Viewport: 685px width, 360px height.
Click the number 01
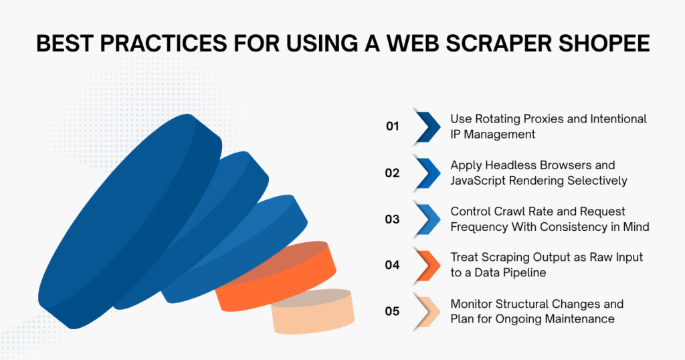(392, 126)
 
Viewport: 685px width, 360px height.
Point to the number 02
(392, 173)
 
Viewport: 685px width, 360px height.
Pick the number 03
(392, 219)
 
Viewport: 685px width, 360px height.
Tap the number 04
(392, 265)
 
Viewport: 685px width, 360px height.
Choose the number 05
(392, 311)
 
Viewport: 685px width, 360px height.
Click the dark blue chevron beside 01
(427, 126)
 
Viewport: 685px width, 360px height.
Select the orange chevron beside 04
(427, 265)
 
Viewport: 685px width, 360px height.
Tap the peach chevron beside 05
(427, 311)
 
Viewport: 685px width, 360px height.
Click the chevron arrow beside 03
(427, 219)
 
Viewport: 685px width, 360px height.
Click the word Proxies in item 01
(551, 119)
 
